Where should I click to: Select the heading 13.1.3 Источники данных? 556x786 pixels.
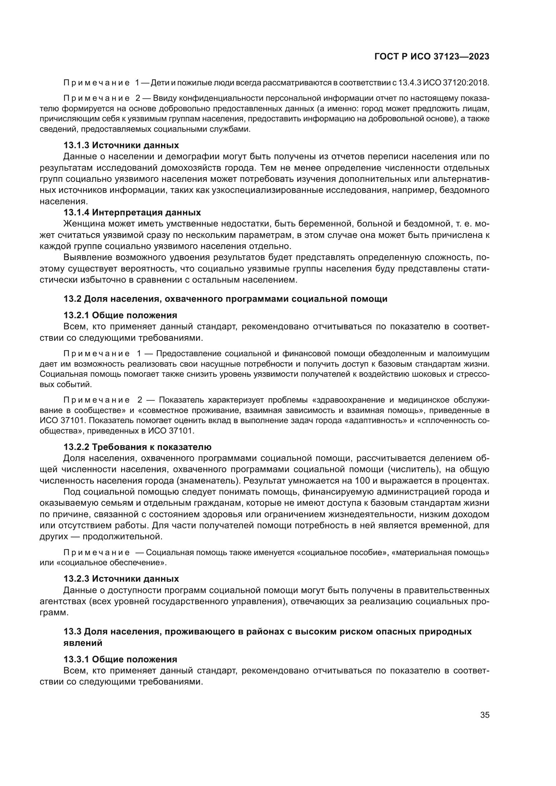click(x=121, y=145)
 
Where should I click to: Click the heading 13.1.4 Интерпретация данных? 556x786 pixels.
click(x=132, y=212)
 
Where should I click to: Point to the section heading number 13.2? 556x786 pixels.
click(x=72, y=298)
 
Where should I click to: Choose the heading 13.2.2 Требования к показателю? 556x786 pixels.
click(x=137, y=447)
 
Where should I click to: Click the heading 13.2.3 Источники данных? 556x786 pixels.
click(x=121, y=579)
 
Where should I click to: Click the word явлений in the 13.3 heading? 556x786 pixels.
click(x=83, y=643)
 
